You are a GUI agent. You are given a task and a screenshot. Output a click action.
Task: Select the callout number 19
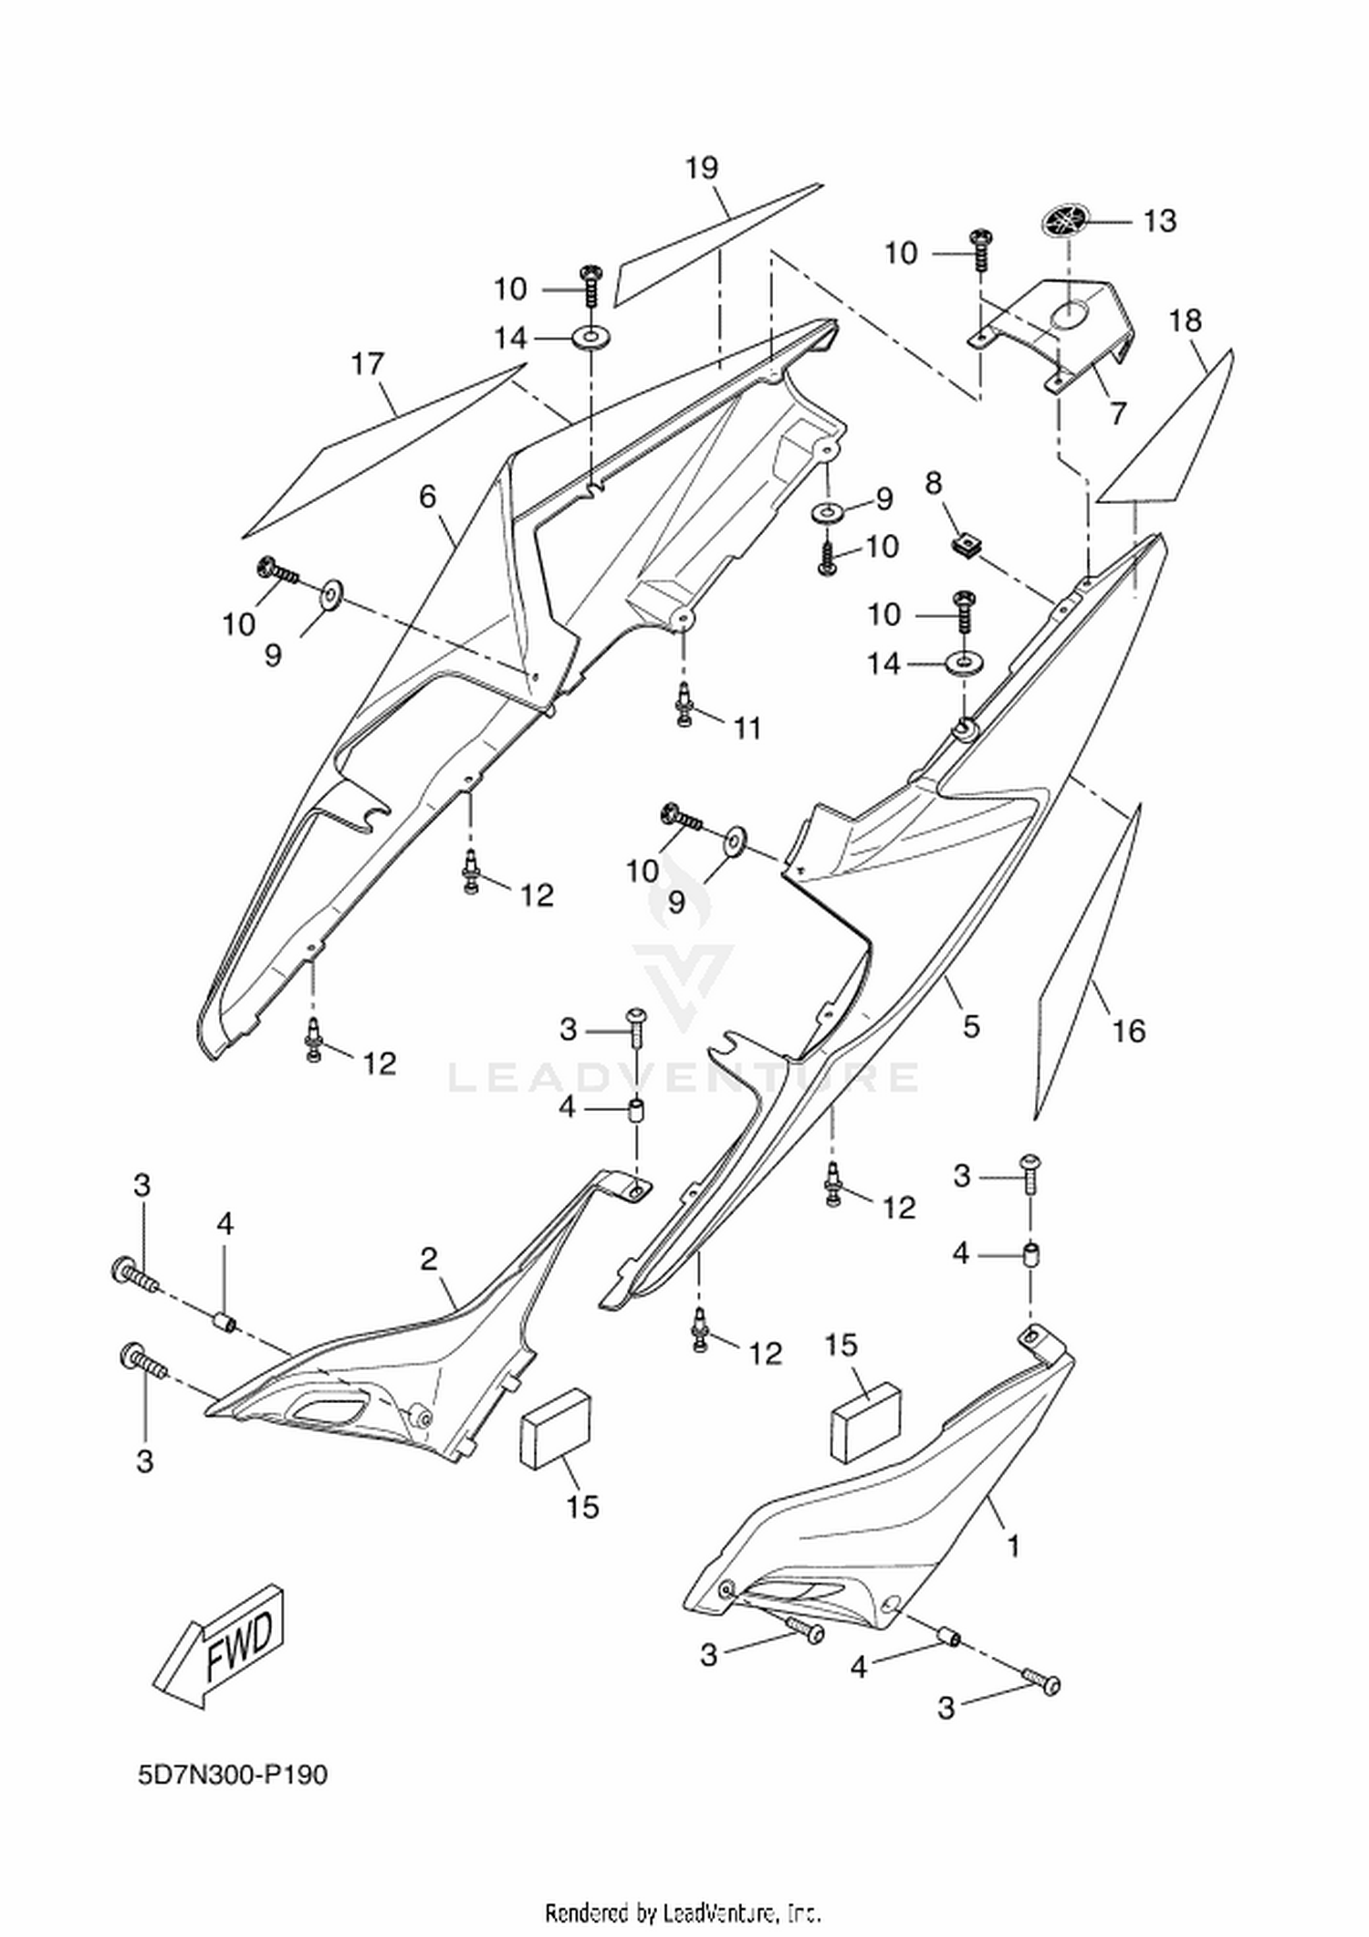pyautogui.click(x=702, y=168)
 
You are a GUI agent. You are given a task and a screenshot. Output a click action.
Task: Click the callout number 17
pyautogui.click(x=368, y=364)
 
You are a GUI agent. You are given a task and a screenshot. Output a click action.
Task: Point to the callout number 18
pyautogui.click(x=1186, y=320)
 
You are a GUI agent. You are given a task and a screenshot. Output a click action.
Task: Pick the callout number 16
pyautogui.click(x=1129, y=1031)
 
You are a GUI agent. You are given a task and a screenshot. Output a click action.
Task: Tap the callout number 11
pyautogui.click(x=747, y=728)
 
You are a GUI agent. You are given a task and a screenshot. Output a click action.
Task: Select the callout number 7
pyautogui.click(x=1119, y=413)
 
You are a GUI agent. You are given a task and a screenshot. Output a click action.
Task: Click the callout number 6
pyautogui.click(x=428, y=497)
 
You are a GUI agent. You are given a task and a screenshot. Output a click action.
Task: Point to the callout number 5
pyautogui.click(x=971, y=1026)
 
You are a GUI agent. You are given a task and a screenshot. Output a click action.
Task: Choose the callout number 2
pyautogui.click(x=429, y=1260)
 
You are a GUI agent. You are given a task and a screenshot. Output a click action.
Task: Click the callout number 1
pyautogui.click(x=1012, y=1545)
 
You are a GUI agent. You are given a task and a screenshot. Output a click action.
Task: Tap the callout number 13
pyautogui.click(x=1160, y=221)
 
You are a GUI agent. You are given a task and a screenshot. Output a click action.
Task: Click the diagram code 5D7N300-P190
pyautogui.click(x=233, y=1775)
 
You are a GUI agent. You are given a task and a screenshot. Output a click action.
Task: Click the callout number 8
pyautogui.click(x=934, y=484)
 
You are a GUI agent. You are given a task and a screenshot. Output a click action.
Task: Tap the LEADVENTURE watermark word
pyautogui.click(x=684, y=1077)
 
